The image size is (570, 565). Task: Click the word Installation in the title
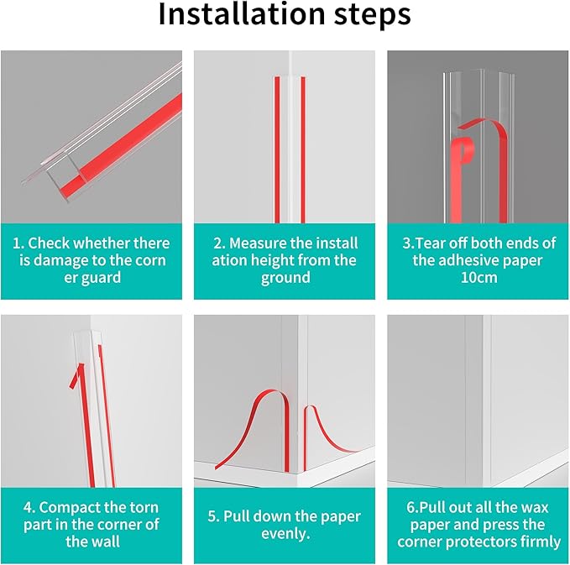[242, 13]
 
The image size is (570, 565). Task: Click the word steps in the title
[372, 16]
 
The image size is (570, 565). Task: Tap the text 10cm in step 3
[478, 277]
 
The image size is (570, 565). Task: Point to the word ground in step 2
[285, 278]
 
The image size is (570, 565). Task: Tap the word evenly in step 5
[285, 534]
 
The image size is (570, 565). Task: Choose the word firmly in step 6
[540, 541]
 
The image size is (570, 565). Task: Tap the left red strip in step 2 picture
[277, 149]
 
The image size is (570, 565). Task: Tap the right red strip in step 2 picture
[303, 149]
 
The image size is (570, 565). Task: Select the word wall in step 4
[106, 541]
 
